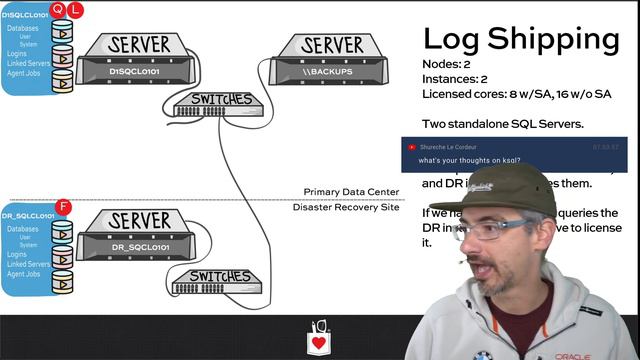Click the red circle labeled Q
coord(58,10)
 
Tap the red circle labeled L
coord(74,10)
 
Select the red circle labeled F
coord(64,208)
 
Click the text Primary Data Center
coord(351,192)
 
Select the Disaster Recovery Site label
coord(345,207)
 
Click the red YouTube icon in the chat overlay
coord(411,146)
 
